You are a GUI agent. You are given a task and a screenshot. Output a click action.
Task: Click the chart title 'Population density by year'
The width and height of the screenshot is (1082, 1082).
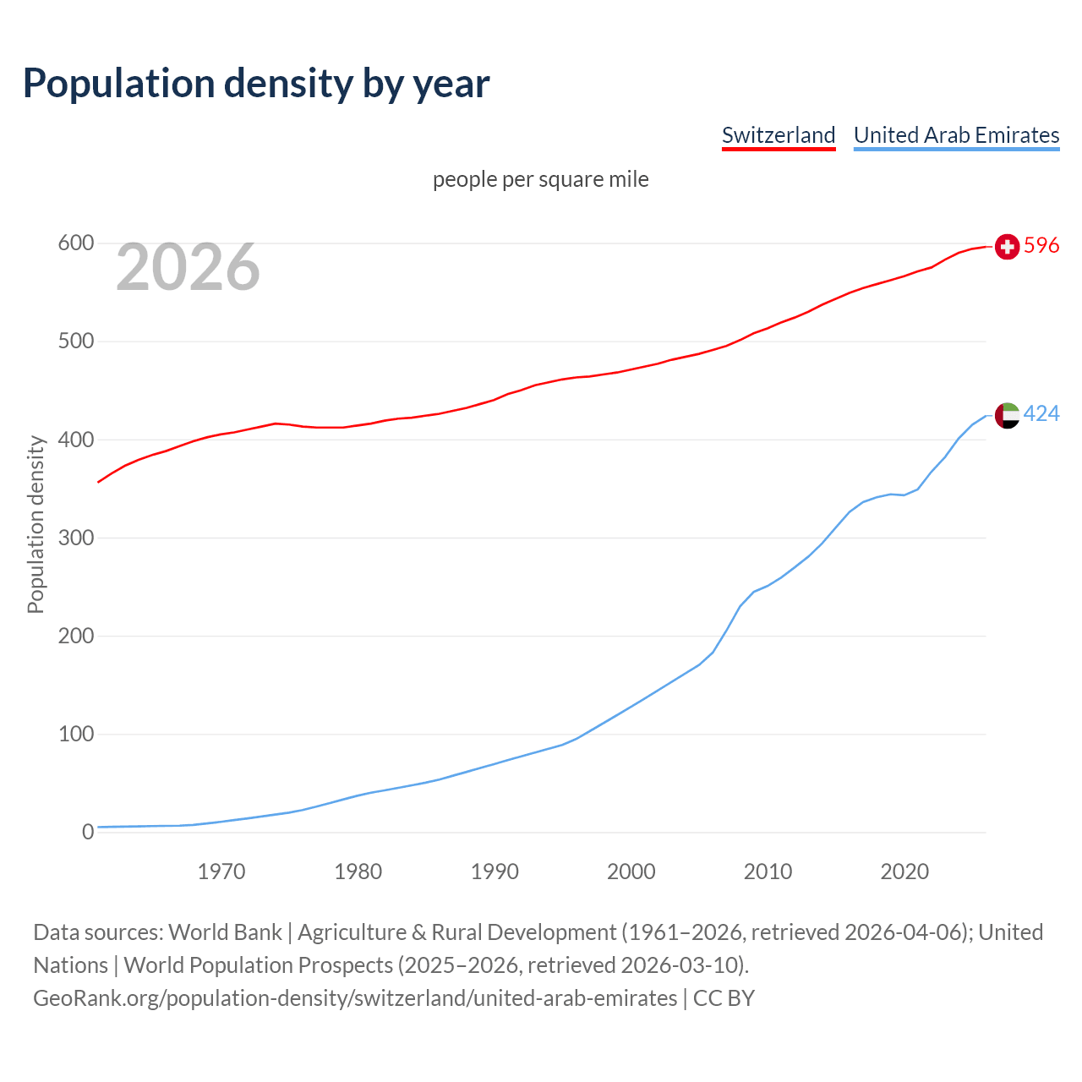pyautogui.click(x=256, y=84)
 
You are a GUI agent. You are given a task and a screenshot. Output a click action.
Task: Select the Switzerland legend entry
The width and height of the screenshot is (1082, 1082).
pyautogui.click(x=779, y=135)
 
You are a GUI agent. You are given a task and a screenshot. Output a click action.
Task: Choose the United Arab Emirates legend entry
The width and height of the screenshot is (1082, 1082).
pyautogui.click(x=956, y=135)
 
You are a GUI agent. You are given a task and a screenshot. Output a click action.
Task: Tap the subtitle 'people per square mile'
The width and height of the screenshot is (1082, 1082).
pyautogui.click(x=541, y=180)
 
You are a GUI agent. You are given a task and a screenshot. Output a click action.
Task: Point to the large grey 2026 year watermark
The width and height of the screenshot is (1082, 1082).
pyautogui.click(x=188, y=267)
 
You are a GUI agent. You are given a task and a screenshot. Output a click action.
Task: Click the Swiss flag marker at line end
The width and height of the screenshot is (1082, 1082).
pyautogui.click(x=1007, y=246)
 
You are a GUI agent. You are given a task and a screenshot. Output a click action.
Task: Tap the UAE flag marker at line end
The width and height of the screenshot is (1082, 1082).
pyautogui.click(x=1007, y=415)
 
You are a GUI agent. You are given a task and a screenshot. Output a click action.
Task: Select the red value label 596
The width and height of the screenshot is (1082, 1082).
pyautogui.click(x=1041, y=245)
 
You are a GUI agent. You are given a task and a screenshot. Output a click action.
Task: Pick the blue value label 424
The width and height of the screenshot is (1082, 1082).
pyautogui.click(x=1041, y=413)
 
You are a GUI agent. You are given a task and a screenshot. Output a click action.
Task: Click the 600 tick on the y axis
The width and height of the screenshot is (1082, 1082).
pyautogui.click(x=75, y=243)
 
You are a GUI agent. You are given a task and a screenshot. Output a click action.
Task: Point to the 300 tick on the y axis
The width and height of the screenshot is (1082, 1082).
pyautogui.click(x=75, y=538)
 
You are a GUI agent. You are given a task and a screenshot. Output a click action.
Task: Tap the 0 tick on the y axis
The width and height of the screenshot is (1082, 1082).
pyautogui.click(x=88, y=832)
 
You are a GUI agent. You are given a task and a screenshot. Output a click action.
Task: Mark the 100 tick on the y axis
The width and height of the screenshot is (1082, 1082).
pyautogui.click(x=75, y=734)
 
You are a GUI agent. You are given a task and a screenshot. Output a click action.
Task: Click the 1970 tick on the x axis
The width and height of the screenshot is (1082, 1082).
pyautogui.click(x=221, y=872)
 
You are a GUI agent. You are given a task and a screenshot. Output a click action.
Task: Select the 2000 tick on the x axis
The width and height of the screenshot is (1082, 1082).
pyautogui.click(x=631, y=872)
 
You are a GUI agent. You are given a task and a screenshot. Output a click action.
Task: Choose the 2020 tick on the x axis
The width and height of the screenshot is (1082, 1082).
pyautogui.click(x=904, y=872)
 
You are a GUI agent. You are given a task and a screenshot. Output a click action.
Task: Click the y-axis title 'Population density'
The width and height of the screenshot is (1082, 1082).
pyautogui.click(x=36, y=524)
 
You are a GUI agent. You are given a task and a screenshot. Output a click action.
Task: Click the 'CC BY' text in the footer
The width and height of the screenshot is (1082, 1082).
pyautogui.click(x=724, y=998)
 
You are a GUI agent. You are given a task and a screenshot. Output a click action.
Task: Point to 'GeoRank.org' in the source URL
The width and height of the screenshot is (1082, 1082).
pyautogui.click(x=96, y=998)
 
